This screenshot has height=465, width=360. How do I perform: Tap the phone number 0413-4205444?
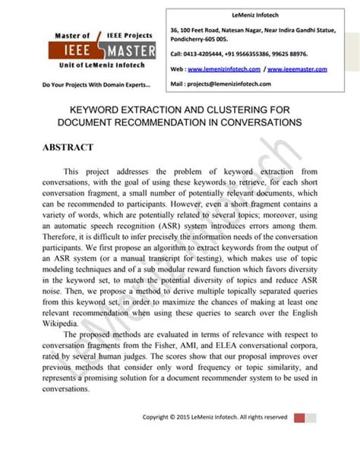tap(202, 55)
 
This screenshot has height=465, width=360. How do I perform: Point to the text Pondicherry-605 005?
tap(200, 37)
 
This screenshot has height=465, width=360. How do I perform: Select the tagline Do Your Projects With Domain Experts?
tap(85, 84)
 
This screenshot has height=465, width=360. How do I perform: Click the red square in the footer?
tap(298, 417)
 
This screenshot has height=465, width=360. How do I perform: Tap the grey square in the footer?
tap(311, 417)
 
